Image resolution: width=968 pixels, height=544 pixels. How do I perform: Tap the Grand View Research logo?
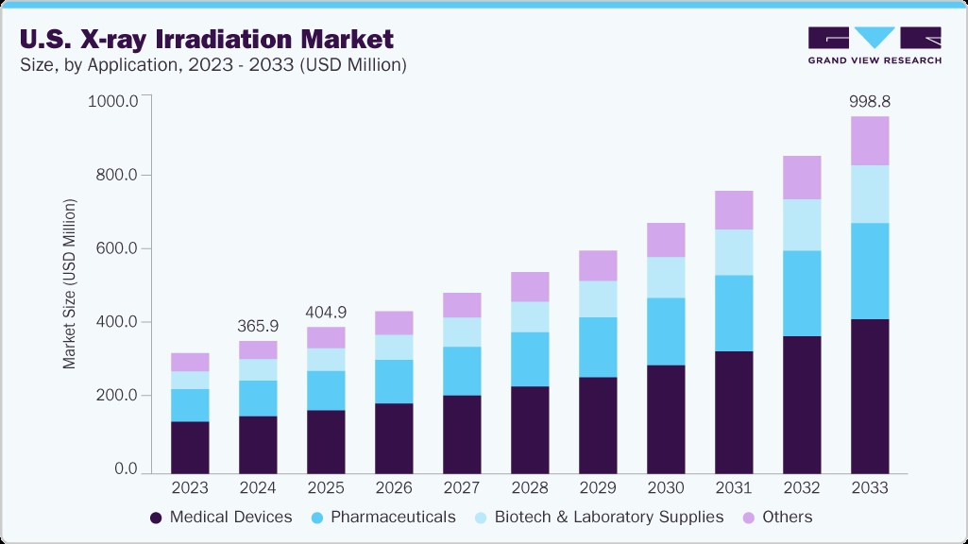click(x=874, y=45)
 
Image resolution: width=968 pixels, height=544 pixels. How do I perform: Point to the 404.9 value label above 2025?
click(x=326, y=311)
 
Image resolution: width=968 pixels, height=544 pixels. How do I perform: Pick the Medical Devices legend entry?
click(x=221, y=517)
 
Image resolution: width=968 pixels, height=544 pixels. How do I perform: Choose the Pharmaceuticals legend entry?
click(x=383, y=517)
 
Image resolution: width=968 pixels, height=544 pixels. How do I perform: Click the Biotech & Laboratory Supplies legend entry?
click(x=598, y=517)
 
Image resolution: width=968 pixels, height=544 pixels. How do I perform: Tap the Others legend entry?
click(x=778, y=517)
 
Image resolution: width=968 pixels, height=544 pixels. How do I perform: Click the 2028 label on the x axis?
click(x=530, y=488)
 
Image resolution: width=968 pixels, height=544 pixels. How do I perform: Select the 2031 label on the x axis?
click(x=734, y=488)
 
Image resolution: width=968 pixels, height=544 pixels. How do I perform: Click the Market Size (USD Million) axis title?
click(x=69, y=283)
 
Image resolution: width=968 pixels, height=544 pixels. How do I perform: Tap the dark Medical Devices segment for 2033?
click(x=870, y=397)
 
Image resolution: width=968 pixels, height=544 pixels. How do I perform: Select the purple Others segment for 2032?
click(x=802, y=178)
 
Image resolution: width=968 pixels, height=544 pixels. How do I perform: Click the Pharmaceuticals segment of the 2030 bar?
click(x=666, y=331)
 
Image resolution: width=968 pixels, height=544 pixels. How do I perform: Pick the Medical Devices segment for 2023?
click(x=190, y=447)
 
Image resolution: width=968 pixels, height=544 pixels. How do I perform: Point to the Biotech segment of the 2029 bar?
click(x=598, y=299)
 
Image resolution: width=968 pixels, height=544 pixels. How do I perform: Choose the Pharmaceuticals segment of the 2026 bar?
click(x=394, y=382)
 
